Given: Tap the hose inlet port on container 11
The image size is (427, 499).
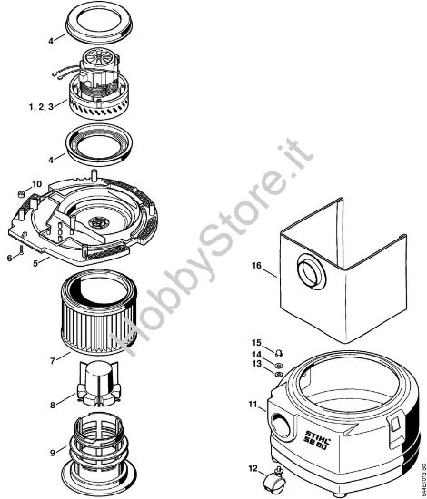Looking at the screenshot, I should pos(281,424).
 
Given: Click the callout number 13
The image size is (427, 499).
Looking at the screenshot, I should pos(256,364).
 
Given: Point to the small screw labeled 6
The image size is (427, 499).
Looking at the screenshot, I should pos(20,245).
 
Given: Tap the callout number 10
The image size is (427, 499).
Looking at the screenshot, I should pos(36,184).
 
